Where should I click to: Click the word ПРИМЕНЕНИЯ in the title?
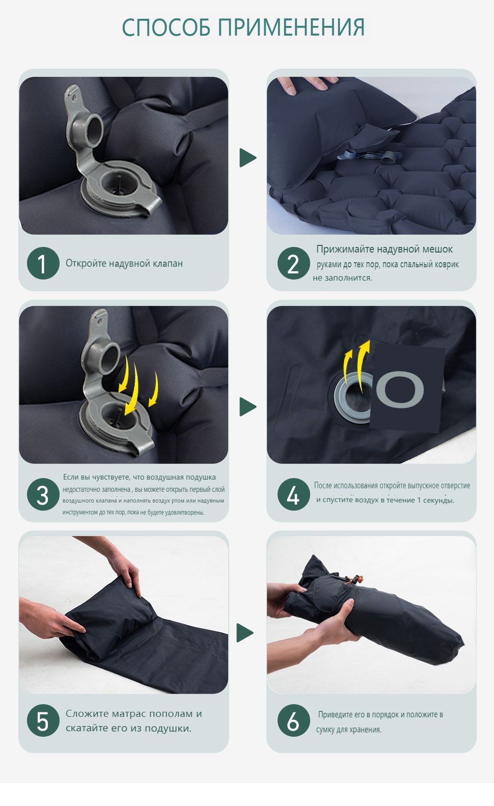pyautogui.click(x=291, y=27)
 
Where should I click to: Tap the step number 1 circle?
pyautogui.click(x=43, y=263)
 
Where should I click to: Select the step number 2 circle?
pyautogui.click(x=293, y=263)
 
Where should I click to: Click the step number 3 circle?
pyautogui.click(x=43, y=494)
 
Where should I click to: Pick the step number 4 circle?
pyautogui.click(x=293, y=494)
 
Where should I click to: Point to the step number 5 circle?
pyautogui.click(x=43, y=720)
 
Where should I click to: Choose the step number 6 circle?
pyautogui.click(x=293, y=720)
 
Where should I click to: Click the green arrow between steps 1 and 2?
pyautogui.click(x=248, y=158)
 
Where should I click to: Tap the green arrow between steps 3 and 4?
pyautogui.click(x=248, y=407)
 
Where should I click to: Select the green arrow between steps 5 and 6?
pyautogui.click(x=244, y=633)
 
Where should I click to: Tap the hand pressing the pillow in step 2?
pyautogui.click(x=308, y=85)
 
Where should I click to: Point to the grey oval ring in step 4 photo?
pyautogui.click(x=400, y=390)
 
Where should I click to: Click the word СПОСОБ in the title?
pyautogui.click(x=166, y=27)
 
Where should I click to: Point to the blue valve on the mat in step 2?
pyautogui.click(x=367, y=156)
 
